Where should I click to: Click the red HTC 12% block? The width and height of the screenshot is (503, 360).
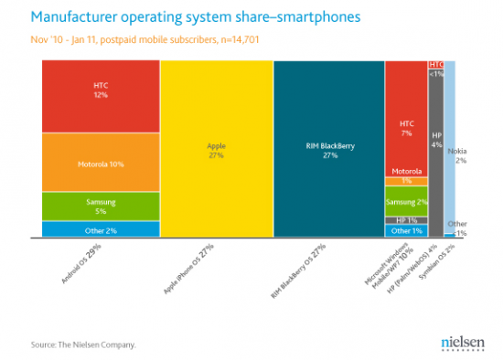tap(100, 96)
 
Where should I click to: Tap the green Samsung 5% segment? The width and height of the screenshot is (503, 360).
tap(100, 206)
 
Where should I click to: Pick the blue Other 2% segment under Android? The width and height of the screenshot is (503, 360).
tap(100, 228)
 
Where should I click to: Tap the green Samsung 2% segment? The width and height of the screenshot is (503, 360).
tap(407, 201)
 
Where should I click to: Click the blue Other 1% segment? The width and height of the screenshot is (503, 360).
tap(407, 230)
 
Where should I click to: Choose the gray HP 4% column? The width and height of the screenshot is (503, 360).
tap(436, 146)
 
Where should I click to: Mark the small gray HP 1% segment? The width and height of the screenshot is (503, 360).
tap(407, 219)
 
